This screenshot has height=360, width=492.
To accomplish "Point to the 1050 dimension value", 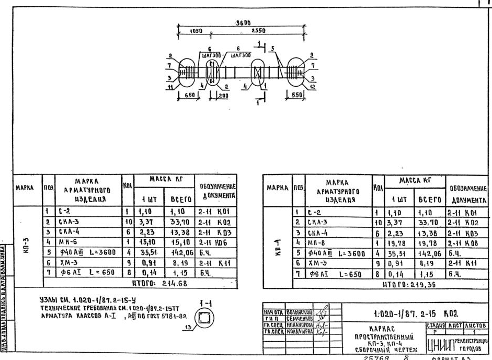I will click(196, 31).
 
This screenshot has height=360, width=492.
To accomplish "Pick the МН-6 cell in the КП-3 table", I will click(82, 241).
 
